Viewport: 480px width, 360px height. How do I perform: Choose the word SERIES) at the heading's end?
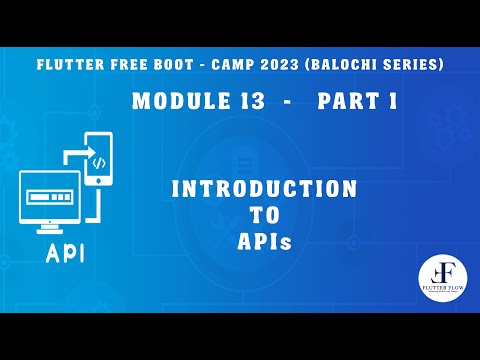click(x=421, y=65)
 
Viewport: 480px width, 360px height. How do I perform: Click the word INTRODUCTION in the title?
click(x=264, y=188)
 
